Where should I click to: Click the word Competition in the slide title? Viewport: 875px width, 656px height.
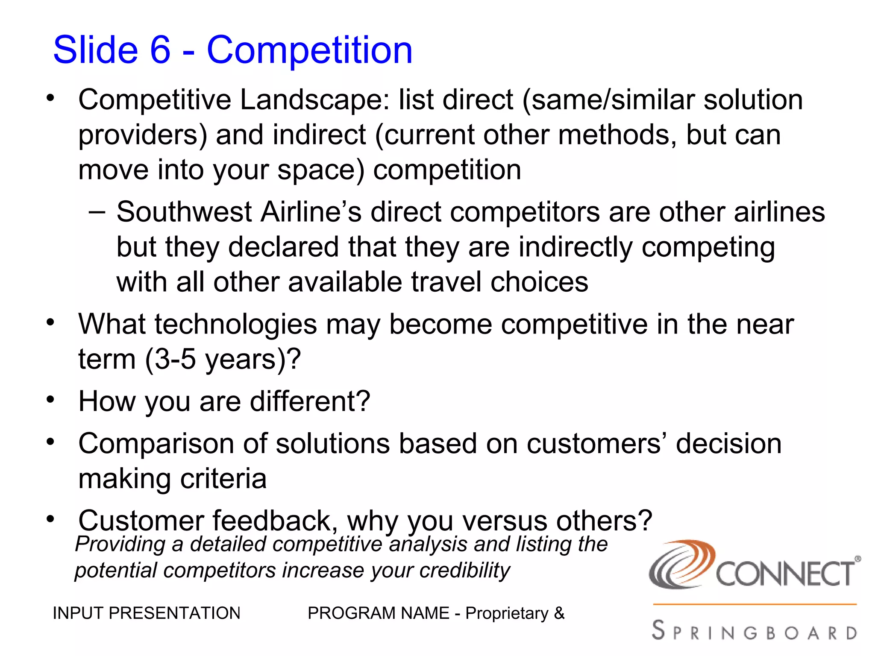[x=309, y=50]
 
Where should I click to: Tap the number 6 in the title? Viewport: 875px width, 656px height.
[x=160, y=50]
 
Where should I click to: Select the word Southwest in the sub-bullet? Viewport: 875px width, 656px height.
[x=184, y=212]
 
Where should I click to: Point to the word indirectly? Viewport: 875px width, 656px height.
[x=575, y=248]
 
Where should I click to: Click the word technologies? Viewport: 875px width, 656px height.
[x=235, y=325]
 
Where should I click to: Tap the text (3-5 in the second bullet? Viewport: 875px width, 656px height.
[x=170, y=360]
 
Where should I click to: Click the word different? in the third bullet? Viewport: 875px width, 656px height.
[x=310, y=401]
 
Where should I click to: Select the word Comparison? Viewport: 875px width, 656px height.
[x=156, y=444]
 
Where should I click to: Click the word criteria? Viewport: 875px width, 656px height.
[x=223, y=479]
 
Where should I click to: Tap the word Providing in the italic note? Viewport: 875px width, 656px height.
[x=120, y=545]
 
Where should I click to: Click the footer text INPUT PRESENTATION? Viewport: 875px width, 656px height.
[x=146, y=613]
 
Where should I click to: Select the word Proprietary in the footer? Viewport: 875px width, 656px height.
[x=507, y=613]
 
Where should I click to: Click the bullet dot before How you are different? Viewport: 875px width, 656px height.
[x=51, y=400]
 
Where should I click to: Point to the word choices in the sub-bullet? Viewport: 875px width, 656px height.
[x=539, y=283]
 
